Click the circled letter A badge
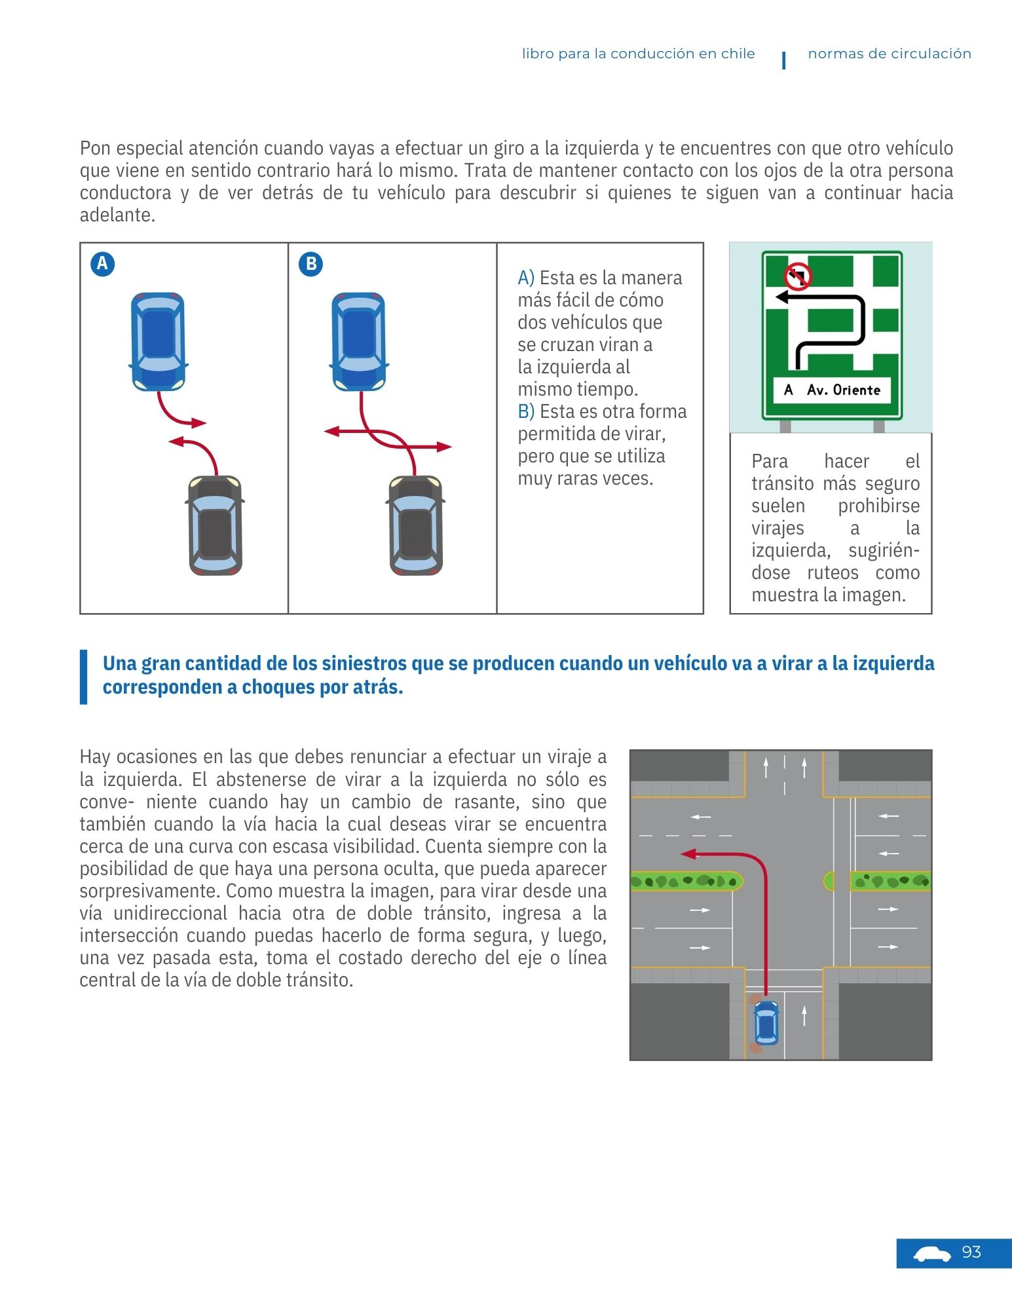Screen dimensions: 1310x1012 pos(102,264)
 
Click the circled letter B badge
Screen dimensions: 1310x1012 pos(310,264)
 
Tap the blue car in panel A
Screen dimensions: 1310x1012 pos(158,341)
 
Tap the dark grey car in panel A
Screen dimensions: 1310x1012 pos(216,525)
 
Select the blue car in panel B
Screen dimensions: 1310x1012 pos(358,341)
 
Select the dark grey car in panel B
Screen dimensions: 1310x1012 pos(416,525)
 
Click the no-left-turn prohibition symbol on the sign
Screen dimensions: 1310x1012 pos(798,276)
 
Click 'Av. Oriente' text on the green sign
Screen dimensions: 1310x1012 pos(844,390)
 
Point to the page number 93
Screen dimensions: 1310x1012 pos(971,1252)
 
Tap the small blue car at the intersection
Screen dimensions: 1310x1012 pos(766,1022)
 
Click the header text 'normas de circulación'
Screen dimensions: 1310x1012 pos(889,54)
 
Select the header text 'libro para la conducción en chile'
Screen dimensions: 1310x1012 pos(638,54)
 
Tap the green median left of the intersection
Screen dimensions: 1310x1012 pos(684,882)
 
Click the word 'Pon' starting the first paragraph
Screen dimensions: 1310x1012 pos(93,148)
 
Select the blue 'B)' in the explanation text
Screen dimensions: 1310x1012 pos(526,411)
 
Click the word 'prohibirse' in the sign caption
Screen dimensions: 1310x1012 pos(878,506)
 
